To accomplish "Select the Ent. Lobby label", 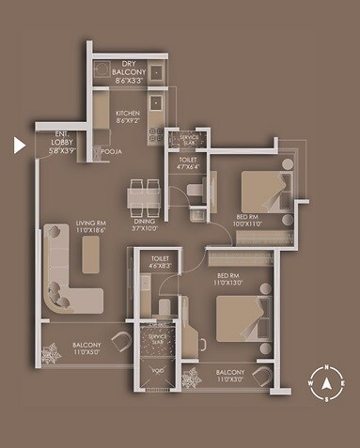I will (x=63, y=141).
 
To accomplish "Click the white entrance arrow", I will (x=18, y=145).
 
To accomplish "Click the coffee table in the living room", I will (x=91, y=254).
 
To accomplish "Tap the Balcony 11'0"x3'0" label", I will (x=230, y=377).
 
